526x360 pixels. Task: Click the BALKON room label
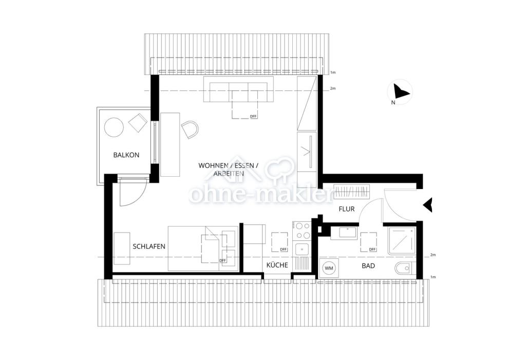(x=126, y=155)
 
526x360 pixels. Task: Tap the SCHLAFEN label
(x=149, y=247)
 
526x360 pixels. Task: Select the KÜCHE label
(x=277, y=264)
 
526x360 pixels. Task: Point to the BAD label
(x=368, y=266)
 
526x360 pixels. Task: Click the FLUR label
(x=347, y=210)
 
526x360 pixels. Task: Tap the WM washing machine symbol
(x=329, y=268)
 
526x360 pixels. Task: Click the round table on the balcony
(x=114, y=127)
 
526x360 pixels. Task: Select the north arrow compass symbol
(x=400, y=91)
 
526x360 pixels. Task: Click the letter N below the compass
(x=393, y=103)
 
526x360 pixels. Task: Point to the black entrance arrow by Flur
(x=428, y=205)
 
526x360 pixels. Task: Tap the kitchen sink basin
(x=302, y=249)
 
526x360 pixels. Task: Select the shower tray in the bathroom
(x=402, y=240)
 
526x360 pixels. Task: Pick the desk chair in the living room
(x=190, y=129)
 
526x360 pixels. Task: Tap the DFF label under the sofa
(x=253, y=117)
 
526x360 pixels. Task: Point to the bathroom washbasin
(x=348, y=233)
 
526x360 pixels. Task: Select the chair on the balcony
(x=138, y=122)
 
